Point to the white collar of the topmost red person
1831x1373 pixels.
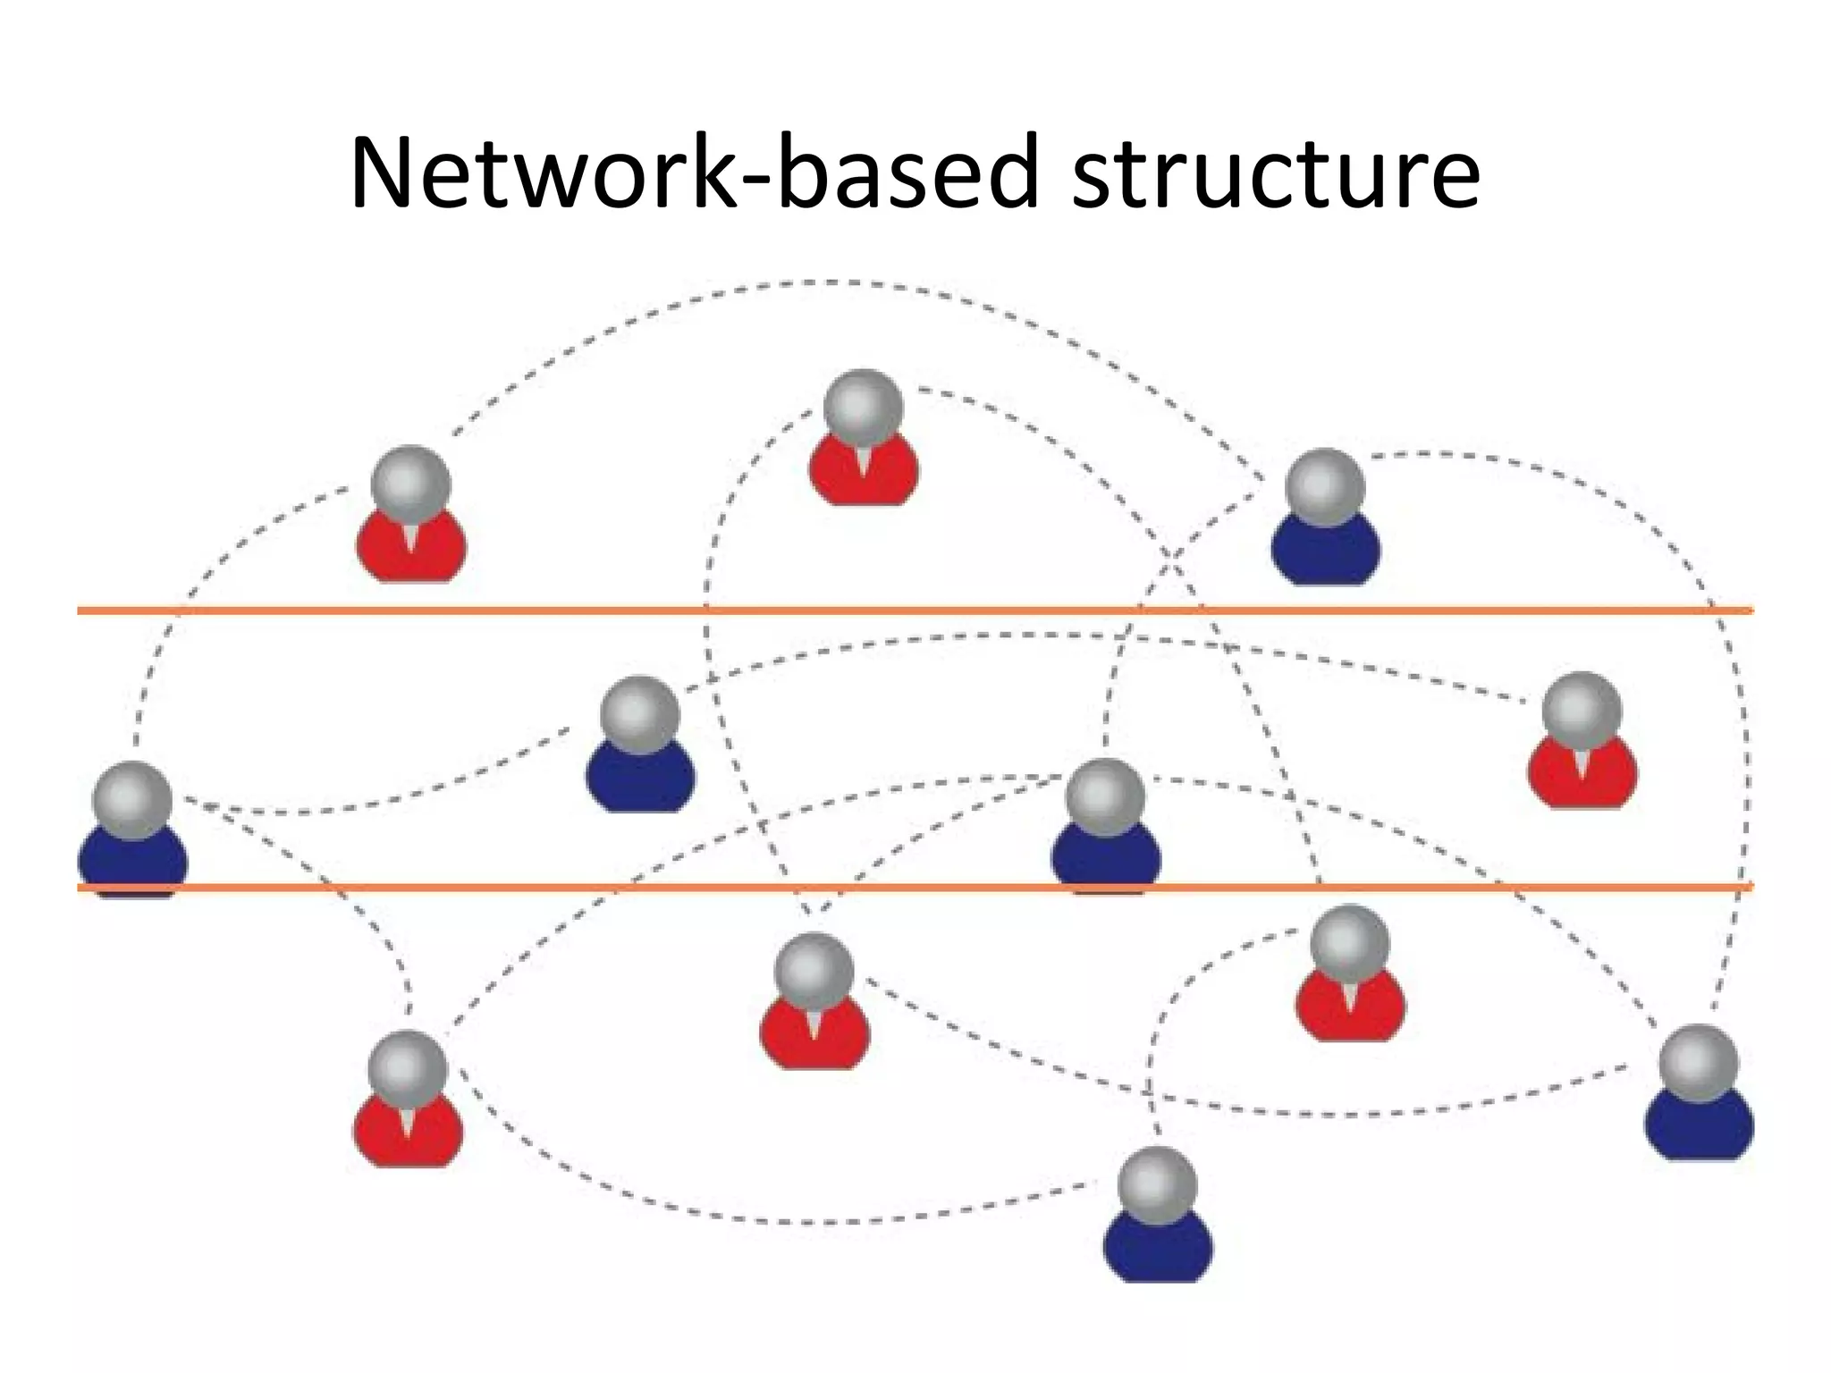(x=864, y=459)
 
